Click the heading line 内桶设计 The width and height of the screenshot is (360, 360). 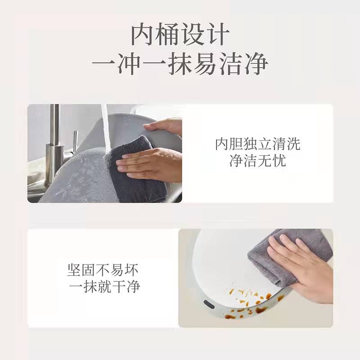(x=180, y=35)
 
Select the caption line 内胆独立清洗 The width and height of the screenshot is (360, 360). (x=257, y=144)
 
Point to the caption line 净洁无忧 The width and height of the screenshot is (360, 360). (x=257, y=161)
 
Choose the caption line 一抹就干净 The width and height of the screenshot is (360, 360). (x=104, y=286)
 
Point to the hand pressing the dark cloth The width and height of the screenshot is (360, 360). (x=149, y=164)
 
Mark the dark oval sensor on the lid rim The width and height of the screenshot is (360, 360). (x=209, y=304)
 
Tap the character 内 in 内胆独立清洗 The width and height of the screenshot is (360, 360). (x=222, y=144)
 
